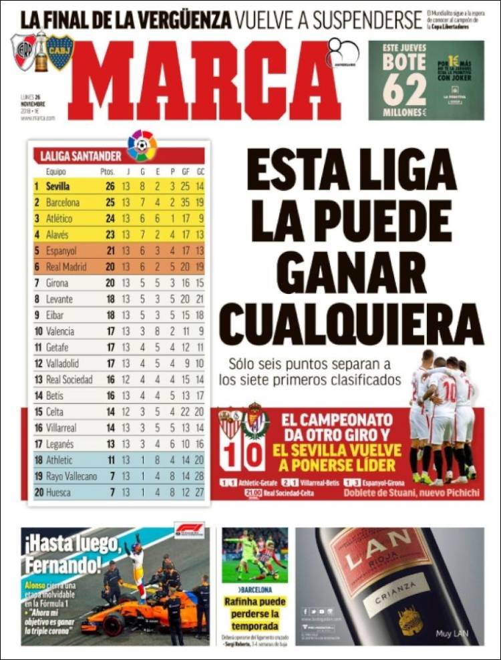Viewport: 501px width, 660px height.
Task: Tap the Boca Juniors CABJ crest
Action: (x=59, y=51)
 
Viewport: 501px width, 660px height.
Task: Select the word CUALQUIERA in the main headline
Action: (x=351, y=325)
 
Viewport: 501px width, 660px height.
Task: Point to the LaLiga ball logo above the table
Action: (x=142, y=145)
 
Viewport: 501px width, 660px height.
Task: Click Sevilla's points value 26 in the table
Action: (x=110, y=186)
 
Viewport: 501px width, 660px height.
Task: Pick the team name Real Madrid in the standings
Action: (x=69, y=267)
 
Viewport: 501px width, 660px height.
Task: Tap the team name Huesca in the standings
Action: (x=59, y=492)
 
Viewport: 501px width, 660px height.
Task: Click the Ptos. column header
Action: (x=108, y=172)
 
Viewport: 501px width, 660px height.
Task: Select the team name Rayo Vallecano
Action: (x=71, y=476)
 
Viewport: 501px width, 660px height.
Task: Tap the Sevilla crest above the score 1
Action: (x=230, y=423)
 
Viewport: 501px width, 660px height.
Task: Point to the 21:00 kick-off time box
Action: (x=253, y=493)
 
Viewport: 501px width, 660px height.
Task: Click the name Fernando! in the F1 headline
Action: (x=64, y=565)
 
